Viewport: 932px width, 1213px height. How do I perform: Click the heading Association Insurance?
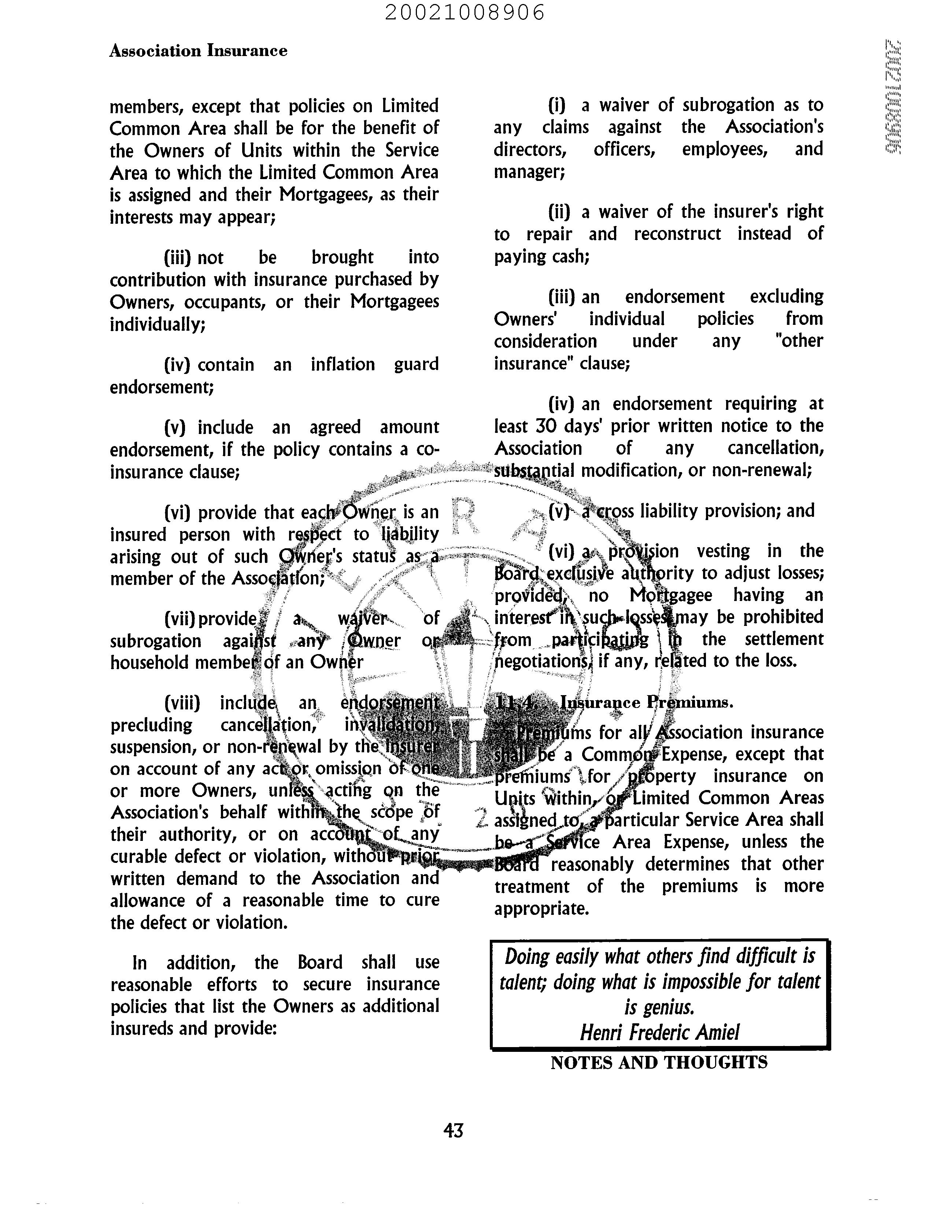click(x=198, y=51)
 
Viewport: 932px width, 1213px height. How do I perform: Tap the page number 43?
click(x=453, y=1130)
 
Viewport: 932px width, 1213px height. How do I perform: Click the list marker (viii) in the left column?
click(x=182, y=703)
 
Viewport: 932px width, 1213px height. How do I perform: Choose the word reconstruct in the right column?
click(x=677, y=234)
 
